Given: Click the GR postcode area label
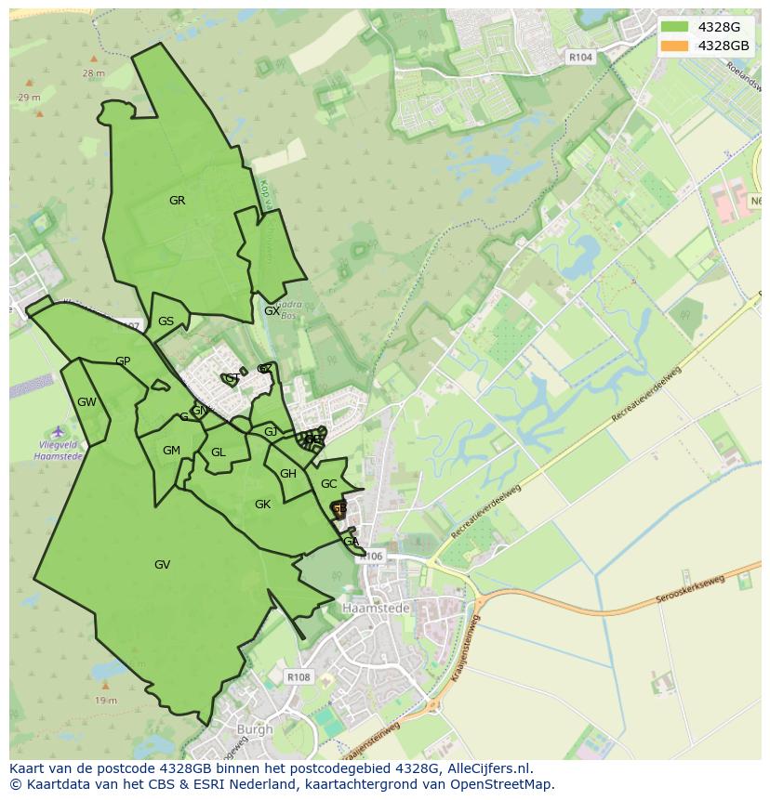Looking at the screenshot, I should [177, 201].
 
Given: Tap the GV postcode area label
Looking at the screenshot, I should [162, 565].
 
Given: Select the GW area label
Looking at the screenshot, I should [86, 402].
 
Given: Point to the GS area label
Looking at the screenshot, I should [166, 321].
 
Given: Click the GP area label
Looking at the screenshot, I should [123, 361].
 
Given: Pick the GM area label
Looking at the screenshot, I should [171, 451].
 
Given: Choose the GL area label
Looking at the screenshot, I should [219, 452].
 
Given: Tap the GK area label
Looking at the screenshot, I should [262, 504].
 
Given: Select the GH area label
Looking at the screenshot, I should [288, 474].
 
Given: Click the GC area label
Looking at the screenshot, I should [328, 484].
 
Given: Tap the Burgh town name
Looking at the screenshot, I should [255, 729].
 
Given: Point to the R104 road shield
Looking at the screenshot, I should [580, 58].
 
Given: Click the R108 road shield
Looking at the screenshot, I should [299, 677].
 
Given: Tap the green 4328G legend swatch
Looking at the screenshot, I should [675, 27].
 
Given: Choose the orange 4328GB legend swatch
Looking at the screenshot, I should [675, 46].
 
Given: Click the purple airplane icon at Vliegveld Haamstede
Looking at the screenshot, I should [59, 431].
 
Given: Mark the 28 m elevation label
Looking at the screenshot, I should [93, 72].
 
